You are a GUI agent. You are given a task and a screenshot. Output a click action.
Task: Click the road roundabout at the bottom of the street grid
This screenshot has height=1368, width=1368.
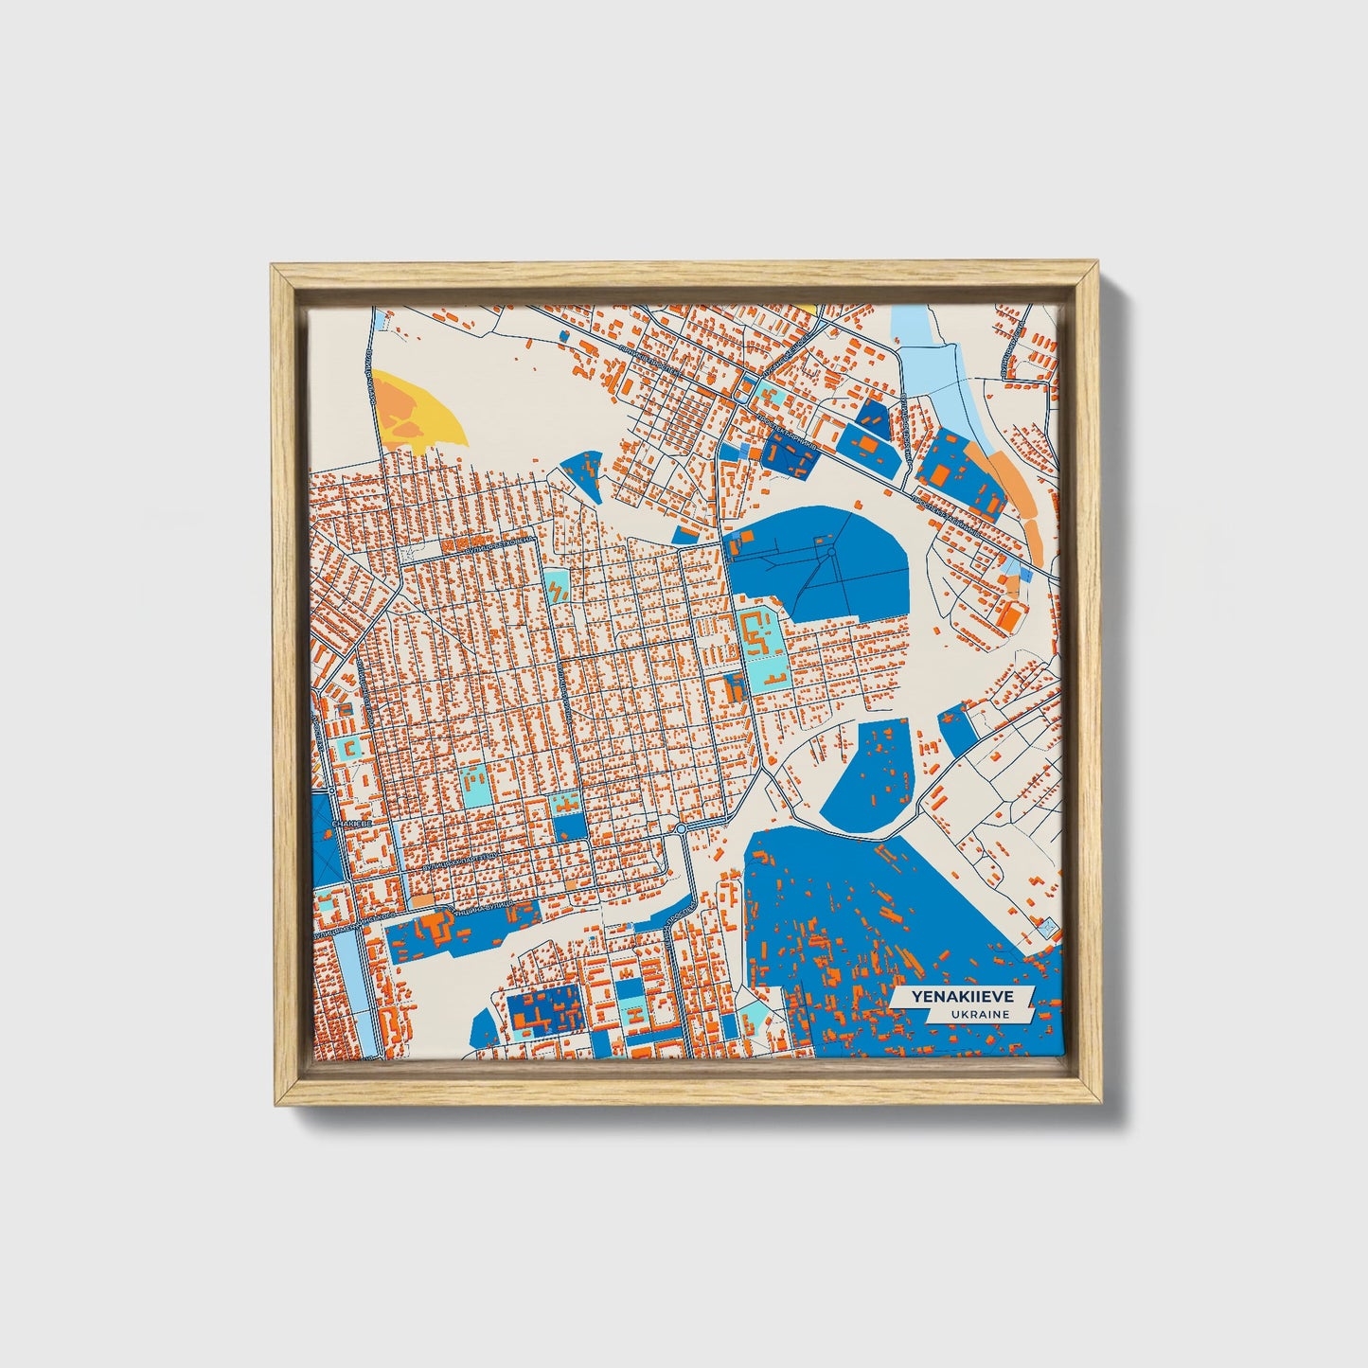(681, 829)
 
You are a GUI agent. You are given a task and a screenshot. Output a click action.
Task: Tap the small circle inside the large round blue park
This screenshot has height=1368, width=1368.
(831, 551)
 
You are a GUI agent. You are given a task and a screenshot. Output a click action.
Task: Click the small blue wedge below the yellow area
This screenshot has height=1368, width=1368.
(583, 471)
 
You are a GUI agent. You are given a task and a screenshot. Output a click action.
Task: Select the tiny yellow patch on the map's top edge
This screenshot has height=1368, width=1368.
(808, 308)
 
